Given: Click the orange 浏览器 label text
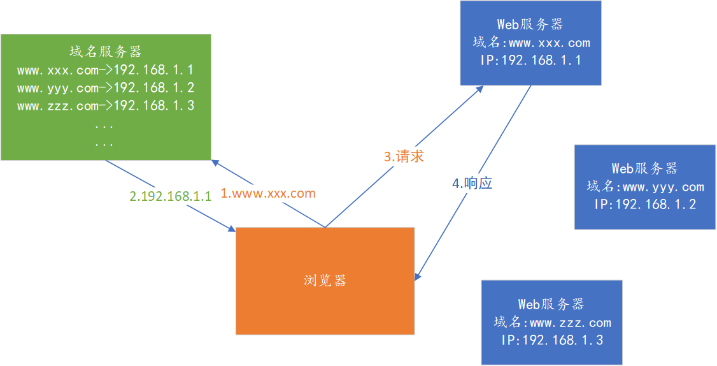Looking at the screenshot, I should [x=325, y=281].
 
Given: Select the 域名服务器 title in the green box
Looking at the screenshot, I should [x=105, y=52].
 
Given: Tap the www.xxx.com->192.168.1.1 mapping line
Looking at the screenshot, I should [x=105, y=70].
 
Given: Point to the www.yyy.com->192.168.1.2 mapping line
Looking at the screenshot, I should [x=105, y=88].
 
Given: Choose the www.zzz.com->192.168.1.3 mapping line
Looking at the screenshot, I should [x=105, y=106].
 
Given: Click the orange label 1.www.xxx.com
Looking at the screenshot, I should [x=268, y=193].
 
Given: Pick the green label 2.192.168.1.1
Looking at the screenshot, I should [x=170, y=196].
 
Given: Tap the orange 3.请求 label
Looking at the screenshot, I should [x=404, y=156].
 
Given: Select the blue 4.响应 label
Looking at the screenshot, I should [x=472, y=184].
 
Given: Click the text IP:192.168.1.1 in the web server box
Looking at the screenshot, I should [x=530, y=61].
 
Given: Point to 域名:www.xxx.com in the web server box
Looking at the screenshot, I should [x=531, y=43].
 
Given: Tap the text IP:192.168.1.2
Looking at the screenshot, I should [x=645, y=205].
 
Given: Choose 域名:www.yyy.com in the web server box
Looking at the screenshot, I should [x=645, y=187].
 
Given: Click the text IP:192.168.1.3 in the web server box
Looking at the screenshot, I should [x=552, y=340].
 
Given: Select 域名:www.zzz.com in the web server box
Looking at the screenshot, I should [x=552, y=323].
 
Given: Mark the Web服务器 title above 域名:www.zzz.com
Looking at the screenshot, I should [x=551, y=305].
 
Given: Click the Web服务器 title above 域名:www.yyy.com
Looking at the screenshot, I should [x=644, y=168].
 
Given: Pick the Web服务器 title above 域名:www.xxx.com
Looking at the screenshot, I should [x=530, y=25].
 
